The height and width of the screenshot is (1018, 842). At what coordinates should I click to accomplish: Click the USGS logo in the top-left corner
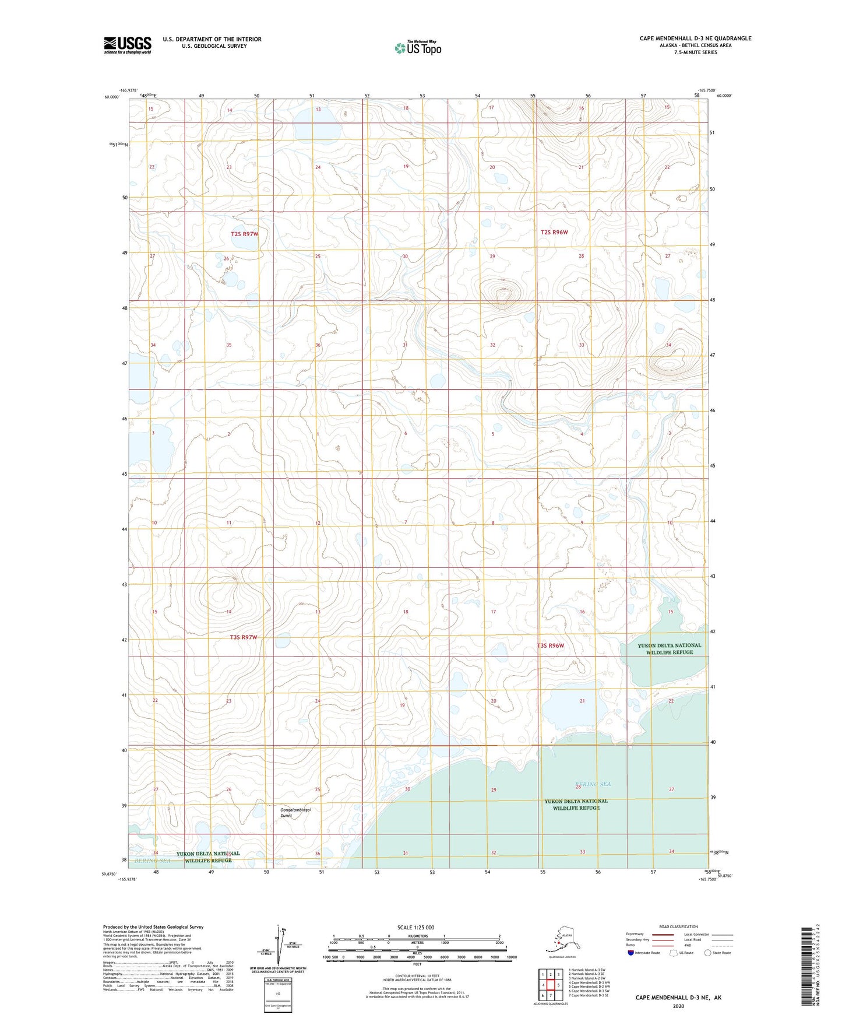(127, 45)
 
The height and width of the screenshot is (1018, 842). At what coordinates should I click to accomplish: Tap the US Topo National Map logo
(418, 48)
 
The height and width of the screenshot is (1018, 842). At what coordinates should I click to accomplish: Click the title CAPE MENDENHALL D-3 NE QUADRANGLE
(695, 38)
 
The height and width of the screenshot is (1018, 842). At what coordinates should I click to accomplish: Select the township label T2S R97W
(244, 234)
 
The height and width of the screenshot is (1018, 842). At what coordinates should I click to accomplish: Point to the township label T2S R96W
(554, 232)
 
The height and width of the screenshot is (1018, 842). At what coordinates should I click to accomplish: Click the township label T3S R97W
(243, 637)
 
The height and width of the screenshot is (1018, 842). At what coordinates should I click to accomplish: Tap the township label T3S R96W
(551, 645)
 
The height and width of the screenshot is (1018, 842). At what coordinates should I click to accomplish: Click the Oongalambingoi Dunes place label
(295, 813)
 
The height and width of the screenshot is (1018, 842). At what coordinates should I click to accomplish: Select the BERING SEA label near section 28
(593, 784)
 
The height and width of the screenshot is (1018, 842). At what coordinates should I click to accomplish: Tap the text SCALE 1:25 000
(417, 927)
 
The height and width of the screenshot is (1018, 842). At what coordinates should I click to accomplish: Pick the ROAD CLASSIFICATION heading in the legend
(678, 926)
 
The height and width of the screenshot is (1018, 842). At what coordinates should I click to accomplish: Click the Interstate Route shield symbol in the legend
(630, 953)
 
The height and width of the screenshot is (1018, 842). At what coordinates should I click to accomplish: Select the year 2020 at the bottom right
(678, 1006)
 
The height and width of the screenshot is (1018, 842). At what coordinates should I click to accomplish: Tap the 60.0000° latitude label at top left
(112, 97)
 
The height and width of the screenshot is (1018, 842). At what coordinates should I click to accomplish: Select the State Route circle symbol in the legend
(708, 953)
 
